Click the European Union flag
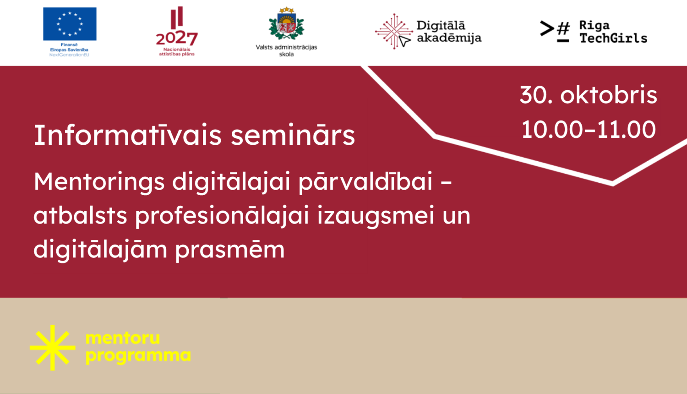pyautogui.click(x=70, y=24)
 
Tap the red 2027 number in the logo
pyautogui.click(x=177, y=38)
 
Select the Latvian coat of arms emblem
pyautogui.click(x=286, y=24)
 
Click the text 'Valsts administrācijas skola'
pyautogui.click(x=286, y=50)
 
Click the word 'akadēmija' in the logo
pyautogui.click(x=449, y=38)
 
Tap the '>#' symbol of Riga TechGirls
pyautogui.click(x=555, y=31)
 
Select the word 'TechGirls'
pyautogui.click(x=613, y=38)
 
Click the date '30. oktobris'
pyautogui.click(x=589, y=95)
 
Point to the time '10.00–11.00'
pyautogui.click(x=589, y=130)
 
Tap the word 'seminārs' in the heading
pyautogui.click(x=293, y=136)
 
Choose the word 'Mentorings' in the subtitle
pyautogui.click(x=99, y=182)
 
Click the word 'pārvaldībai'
pyautogui.click(x=365, y=182)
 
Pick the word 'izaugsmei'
pyautogui.click(x=376, y=216)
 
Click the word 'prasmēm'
pyautogui.click(x=230, y=250)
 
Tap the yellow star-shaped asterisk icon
pyautogui.click(x=53, y=348)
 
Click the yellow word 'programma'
pyautogui.click(x=138, y=356)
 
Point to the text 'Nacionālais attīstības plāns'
pyautogui.click(x=177, y=52)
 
